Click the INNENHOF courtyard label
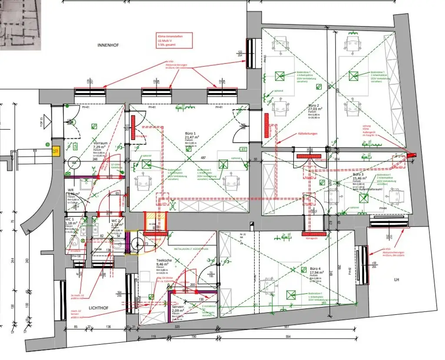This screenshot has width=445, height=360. pos(108,45)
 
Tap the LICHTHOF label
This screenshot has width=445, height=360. pos(98,307)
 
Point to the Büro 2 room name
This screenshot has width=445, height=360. pos(314,106)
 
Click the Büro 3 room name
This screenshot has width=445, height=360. pos(360,174)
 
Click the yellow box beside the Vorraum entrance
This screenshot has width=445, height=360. pos(55,151)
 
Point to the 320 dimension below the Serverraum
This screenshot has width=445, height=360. pos(177,327)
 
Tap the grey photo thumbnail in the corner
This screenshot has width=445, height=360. pos(20,25)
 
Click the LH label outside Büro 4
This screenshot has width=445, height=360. pos(396,280)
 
